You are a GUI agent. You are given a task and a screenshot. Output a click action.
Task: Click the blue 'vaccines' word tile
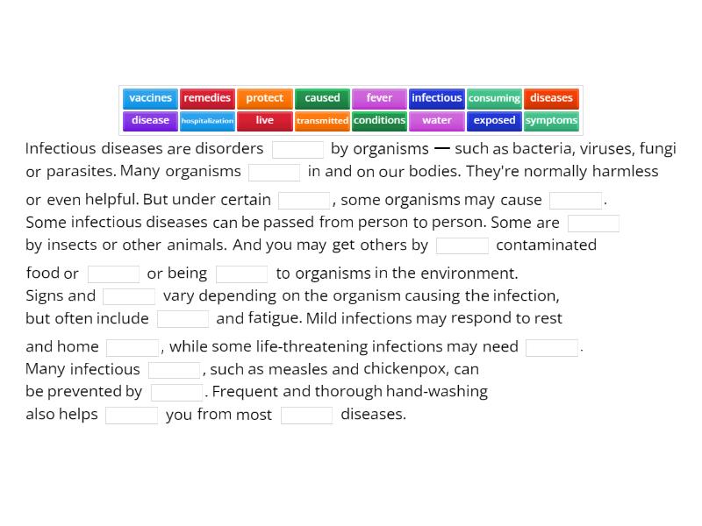click(150, 98)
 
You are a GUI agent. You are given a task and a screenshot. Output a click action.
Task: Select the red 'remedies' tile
click(207, 98)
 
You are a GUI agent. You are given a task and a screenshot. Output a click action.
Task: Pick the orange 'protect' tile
click(264, 98)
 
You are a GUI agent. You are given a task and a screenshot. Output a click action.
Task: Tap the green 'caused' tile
click(322, 98)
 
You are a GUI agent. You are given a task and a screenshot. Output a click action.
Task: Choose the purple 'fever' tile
click(379, 98)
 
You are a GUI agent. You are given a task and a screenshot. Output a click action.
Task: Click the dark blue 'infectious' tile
click(436, 98)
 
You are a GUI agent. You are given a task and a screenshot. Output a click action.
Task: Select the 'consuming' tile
click(494, 98)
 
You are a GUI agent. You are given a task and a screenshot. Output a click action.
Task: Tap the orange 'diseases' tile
click(551, 98)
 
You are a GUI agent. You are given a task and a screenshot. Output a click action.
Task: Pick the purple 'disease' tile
click(150, 121)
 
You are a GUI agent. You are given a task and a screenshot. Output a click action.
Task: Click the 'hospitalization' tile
click(207, 121)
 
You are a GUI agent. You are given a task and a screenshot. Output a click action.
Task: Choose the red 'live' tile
click(264, 121)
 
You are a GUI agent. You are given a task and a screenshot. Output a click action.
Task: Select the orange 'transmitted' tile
click(322, 121)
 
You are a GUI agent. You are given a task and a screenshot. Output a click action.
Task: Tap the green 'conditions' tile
click(379, 121)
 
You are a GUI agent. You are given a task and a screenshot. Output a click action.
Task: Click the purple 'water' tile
click(436, 121)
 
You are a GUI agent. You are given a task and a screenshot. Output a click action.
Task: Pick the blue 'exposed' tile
click(494, 121)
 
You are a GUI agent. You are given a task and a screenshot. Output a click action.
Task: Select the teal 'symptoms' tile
click(551, 121)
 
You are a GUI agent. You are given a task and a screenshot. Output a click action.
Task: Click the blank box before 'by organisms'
click(297, 149)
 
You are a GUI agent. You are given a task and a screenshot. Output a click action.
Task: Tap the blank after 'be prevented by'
click(176, 392)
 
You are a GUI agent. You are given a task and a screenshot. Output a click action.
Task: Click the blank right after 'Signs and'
click(129, 296)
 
